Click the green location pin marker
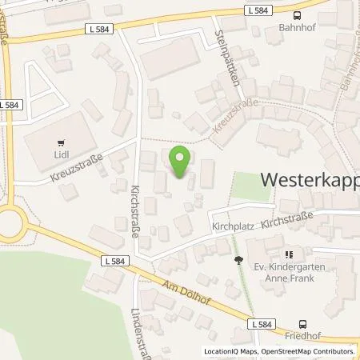(x=180, y=162)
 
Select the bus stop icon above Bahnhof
(x=298, y=15)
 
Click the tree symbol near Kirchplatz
(x=238, y=259)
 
